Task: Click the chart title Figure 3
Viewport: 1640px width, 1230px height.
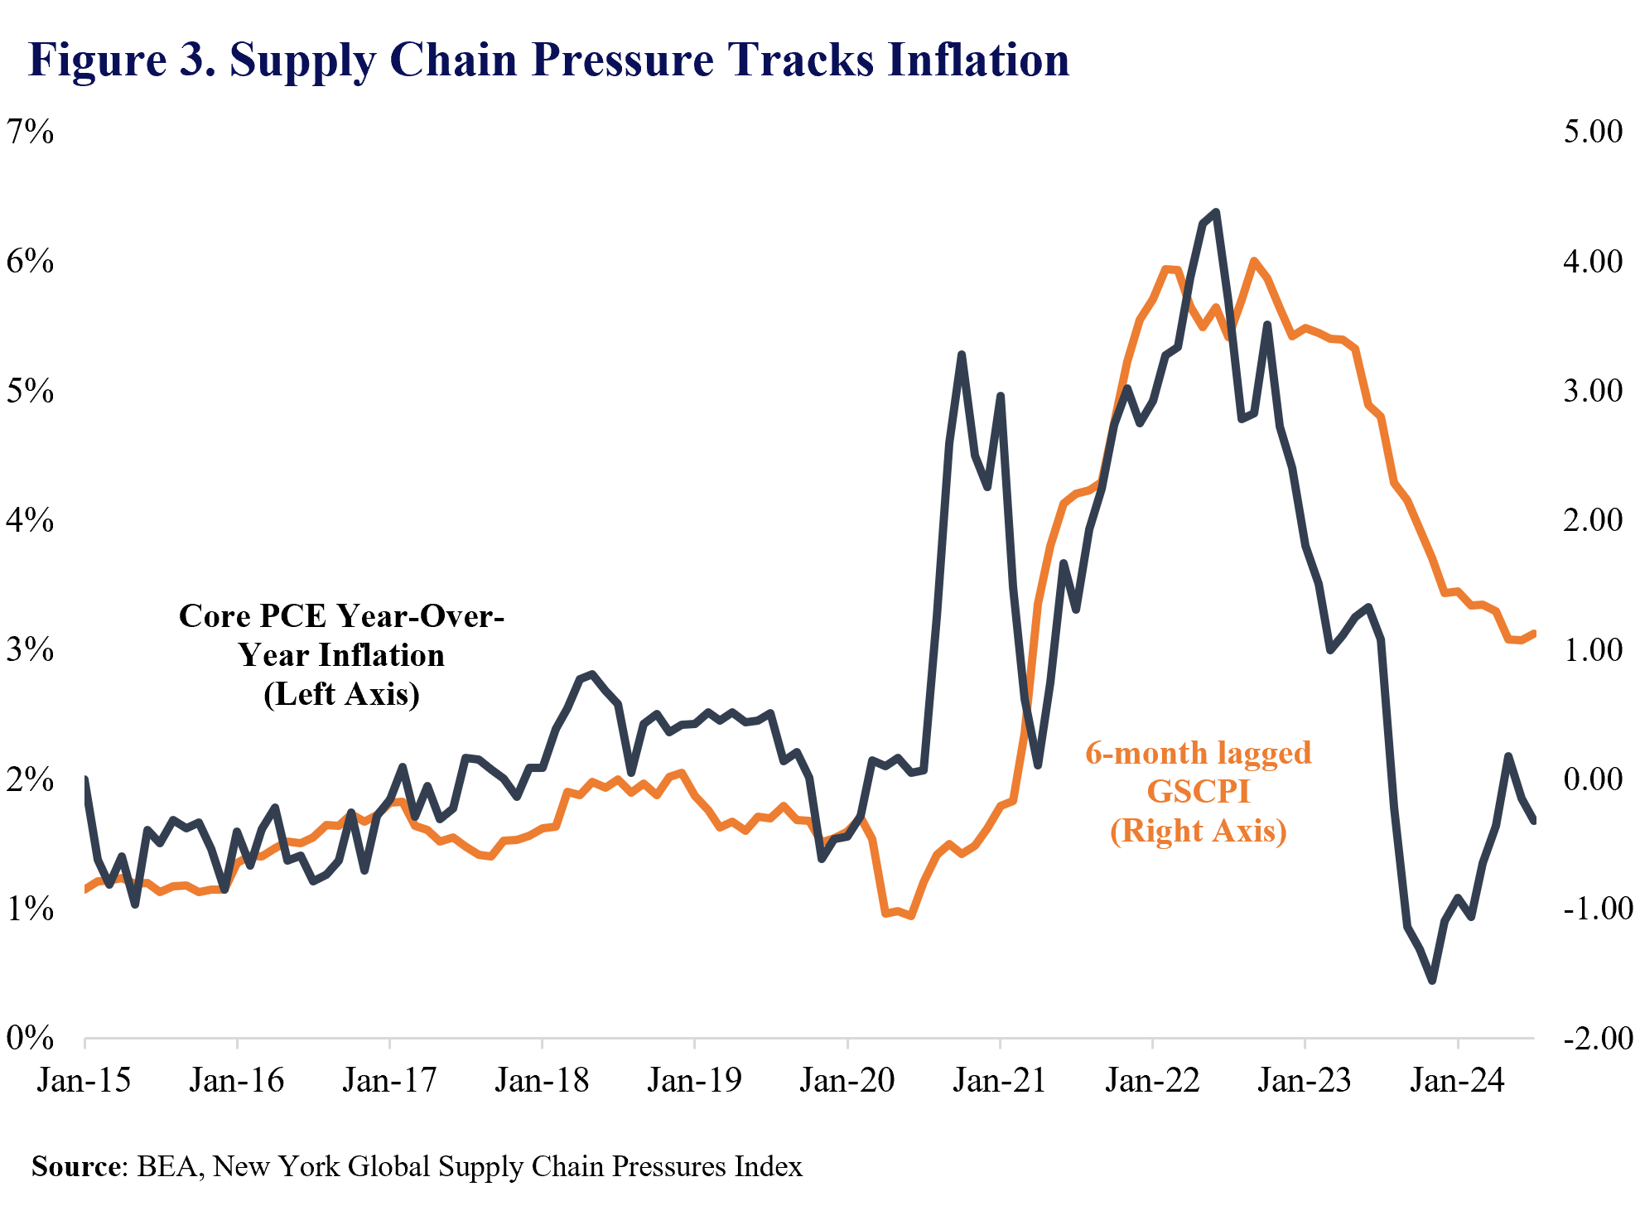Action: (x=548, y=60)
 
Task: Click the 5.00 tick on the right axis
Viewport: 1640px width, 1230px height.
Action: (x=1593, y=132)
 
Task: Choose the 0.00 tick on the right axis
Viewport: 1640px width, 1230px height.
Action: (x=1593, y=779)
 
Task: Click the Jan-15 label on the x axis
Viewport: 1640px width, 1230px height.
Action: (x=84, y=1081)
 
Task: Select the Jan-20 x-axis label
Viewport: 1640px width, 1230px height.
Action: (x=847, y=1081)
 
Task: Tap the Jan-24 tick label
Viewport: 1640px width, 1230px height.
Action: (x=1457, y=1081)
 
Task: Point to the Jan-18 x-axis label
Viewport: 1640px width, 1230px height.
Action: (x=542, y=1081)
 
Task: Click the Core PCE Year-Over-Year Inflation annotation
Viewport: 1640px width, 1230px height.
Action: (x=341, y=654)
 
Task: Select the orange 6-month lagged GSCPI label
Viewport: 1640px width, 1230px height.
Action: (x=1198, y=792)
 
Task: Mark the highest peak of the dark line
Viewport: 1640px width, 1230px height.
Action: (x=1215, y=212)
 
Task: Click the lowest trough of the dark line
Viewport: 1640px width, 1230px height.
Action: (x=1432, y=981)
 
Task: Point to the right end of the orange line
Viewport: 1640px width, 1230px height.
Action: (x=1534, y=634)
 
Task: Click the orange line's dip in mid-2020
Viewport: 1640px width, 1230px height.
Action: (x=911, y=916)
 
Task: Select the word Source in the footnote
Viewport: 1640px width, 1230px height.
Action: (x=76, y=1166)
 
